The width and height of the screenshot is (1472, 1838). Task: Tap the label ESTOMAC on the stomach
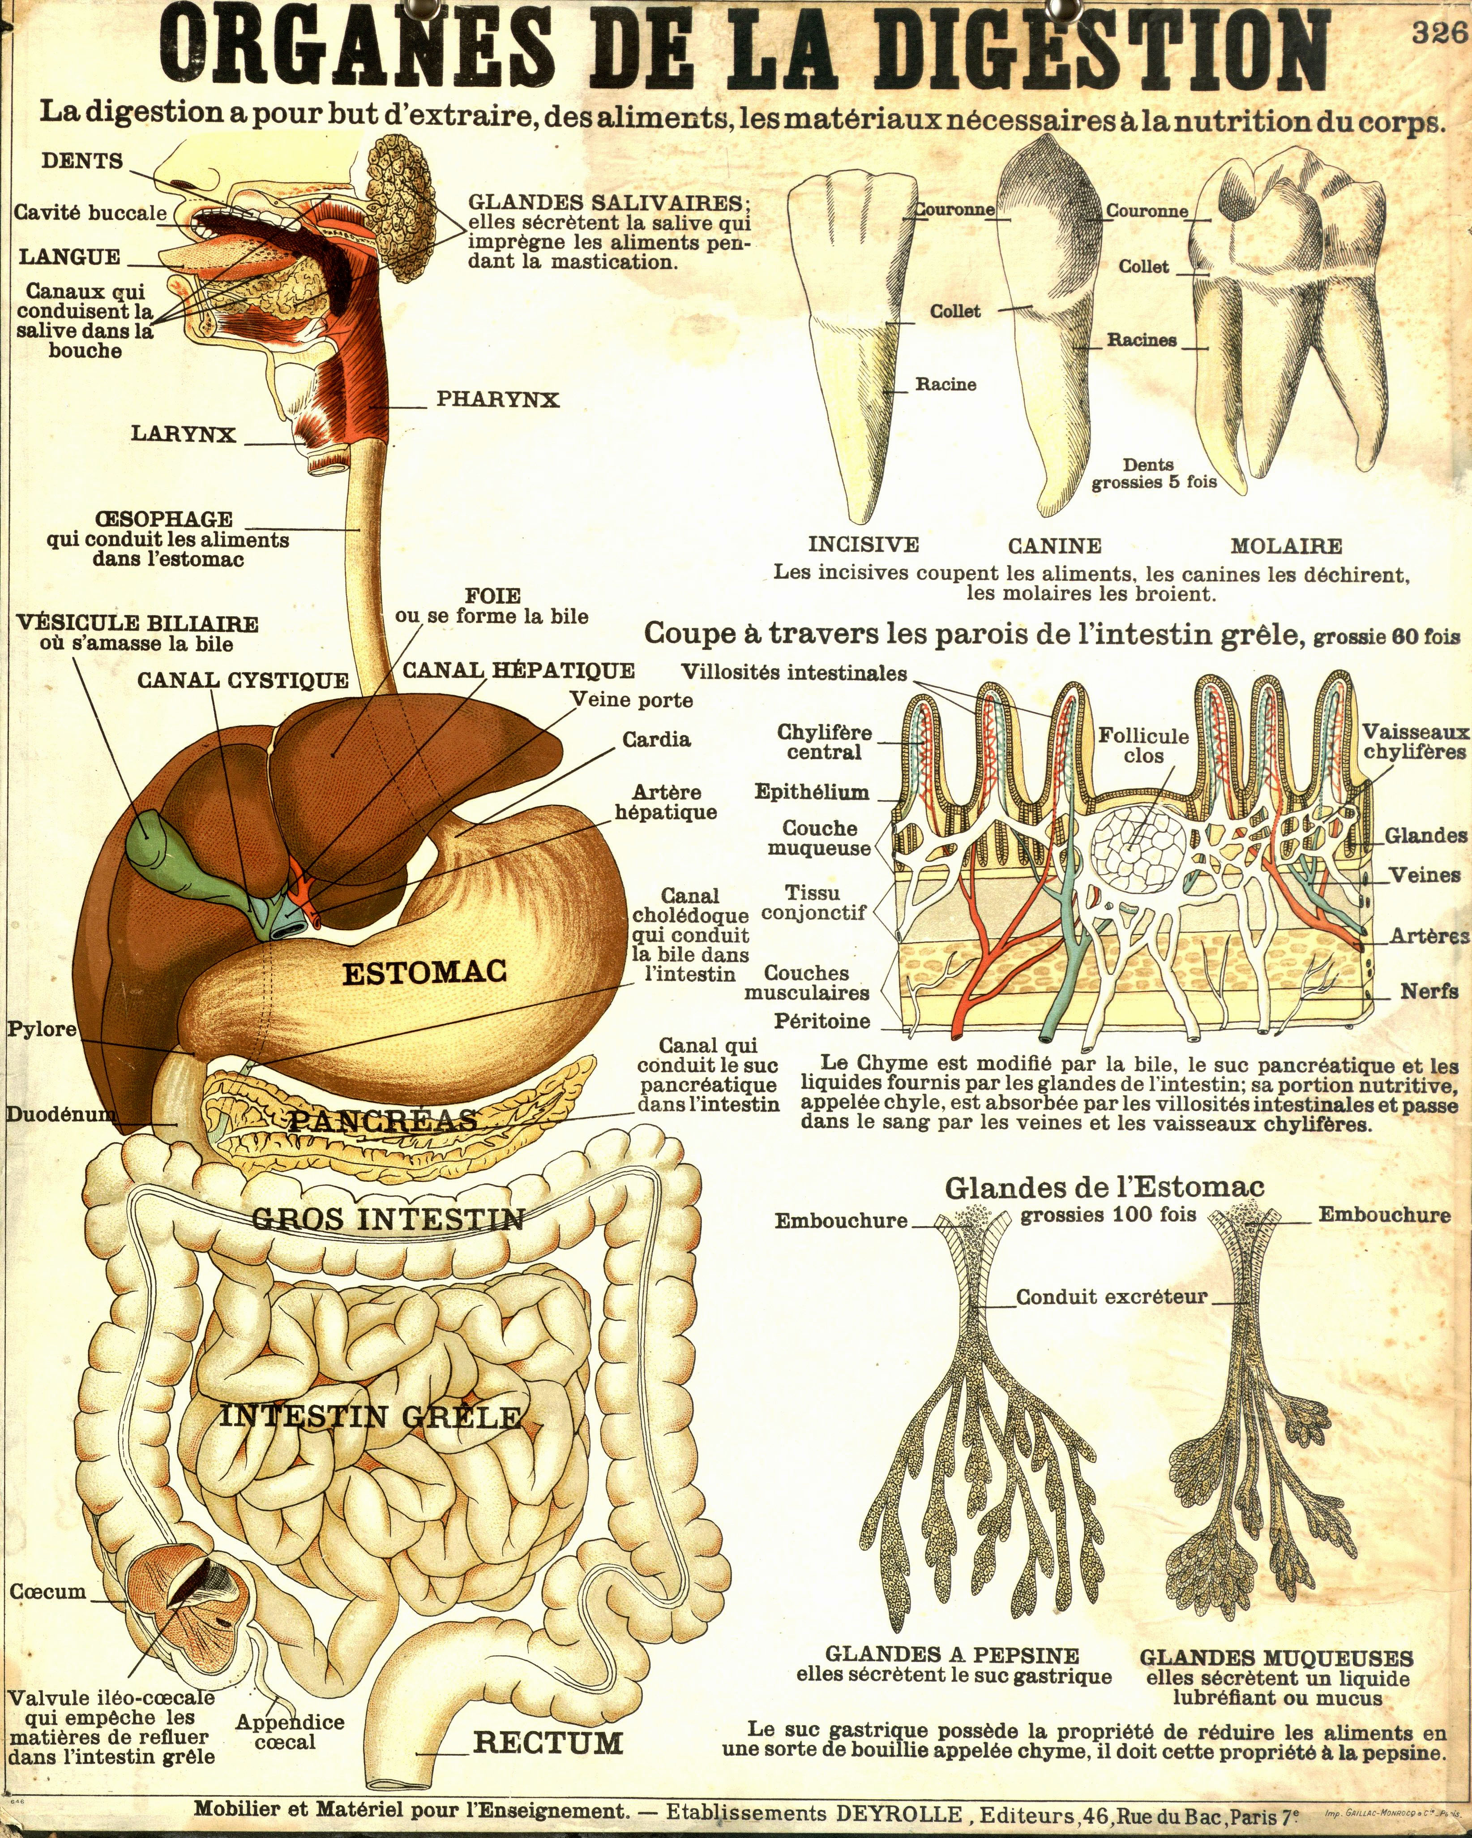[424, 972]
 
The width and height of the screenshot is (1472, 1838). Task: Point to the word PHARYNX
[498, 399]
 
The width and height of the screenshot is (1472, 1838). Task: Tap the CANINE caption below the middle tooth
[1054, 545]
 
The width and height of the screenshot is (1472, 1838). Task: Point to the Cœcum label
[49, 1592]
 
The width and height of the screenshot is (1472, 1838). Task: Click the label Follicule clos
[1143, 745]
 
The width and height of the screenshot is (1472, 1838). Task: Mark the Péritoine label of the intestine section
[822, 1021]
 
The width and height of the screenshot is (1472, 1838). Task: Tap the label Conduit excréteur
[1112, 1297]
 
